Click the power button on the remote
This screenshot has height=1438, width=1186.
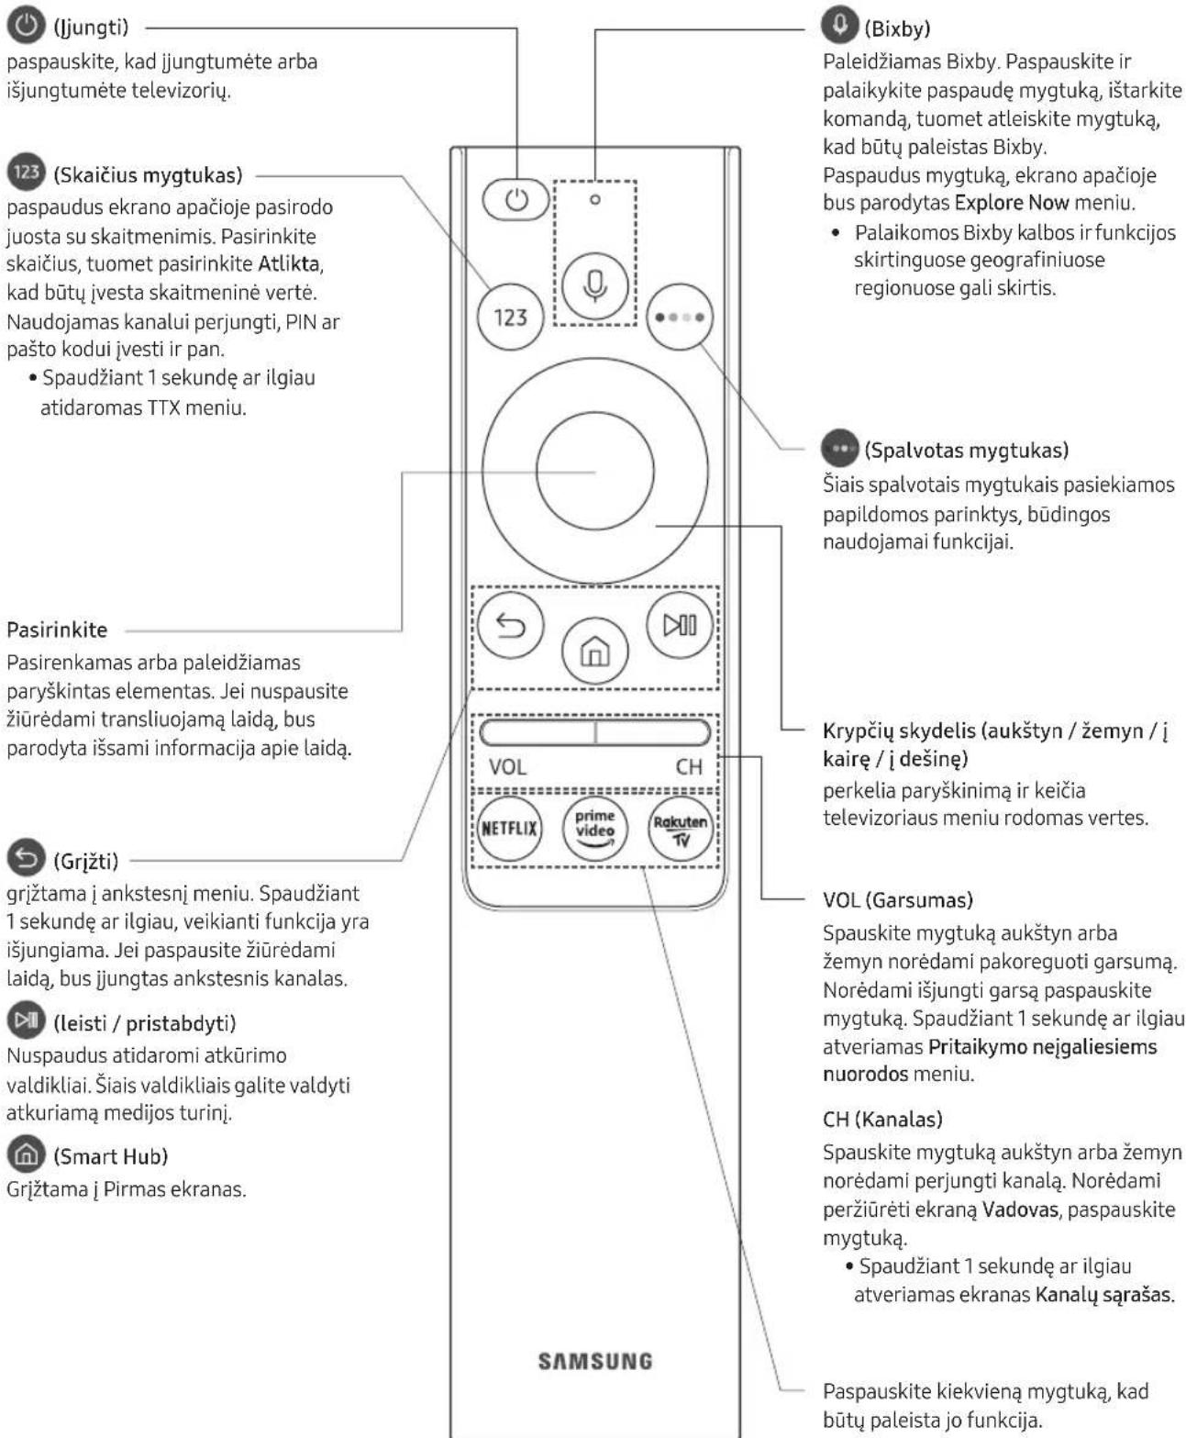pyautogui.click(x=515, y=200)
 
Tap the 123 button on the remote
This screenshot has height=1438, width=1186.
pyautogui.click(x=510, y=317)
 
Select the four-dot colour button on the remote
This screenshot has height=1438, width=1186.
pyautogui.click(x=680, y=317)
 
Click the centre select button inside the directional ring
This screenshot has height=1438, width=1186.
pyautogui.click(x=594, y=471)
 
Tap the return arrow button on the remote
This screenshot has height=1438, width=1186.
pyautogui.click(x=510, y=625)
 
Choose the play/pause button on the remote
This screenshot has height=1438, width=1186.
pyautogui.click(x=680, y=625)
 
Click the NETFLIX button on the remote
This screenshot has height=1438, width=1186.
pyautogui.click(x=509, y=828)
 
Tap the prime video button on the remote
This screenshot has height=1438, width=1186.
pyautogui.click(x=594, y=828)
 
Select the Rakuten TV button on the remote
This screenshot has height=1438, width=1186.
pyautogui.click(x=680, y=828)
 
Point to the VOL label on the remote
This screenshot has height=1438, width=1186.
pyautogui.click(x=507, y=766)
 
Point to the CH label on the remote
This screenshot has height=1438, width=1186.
pyautogui.click(x=689, y=766)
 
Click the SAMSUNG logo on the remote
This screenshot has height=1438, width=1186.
pyautogui.click(x=594, y=1361)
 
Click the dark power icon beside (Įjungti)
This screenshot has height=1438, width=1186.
pyautogui.click(x=27, y=26)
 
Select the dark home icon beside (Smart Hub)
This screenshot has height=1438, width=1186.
pyautogui.click(x=27, y=1154)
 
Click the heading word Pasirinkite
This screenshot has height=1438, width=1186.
pyautogui.click(x=57, y=630)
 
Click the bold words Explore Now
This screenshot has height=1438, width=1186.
pyautogui.click(x=1012, y=203)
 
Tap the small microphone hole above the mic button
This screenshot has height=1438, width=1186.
pyautogui.click(x=595, y=200)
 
